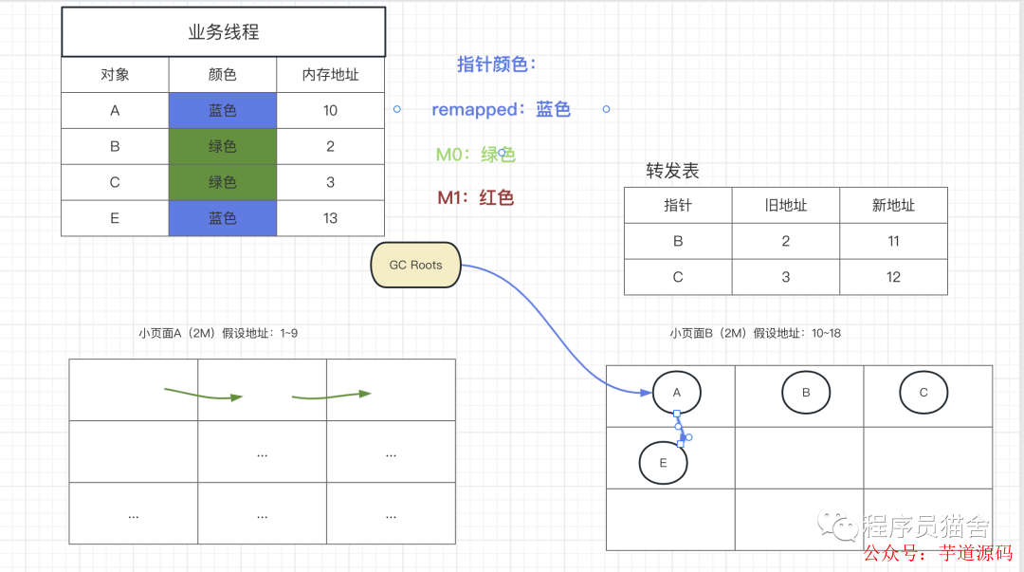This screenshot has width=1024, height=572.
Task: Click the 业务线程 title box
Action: pyautogui.click(x=223, y=32)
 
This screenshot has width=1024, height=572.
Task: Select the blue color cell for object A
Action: pyautogui.click(x=223, y=110)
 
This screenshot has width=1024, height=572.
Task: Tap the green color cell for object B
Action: pyautogui.click(x=223, y=146)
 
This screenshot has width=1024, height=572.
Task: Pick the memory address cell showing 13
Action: pyautogui.click(x=330, y=218)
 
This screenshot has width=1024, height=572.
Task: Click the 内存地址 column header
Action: pyautogui.click(x=330, y=74)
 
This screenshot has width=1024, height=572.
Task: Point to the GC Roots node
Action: pyautogui.click(x=415, y=266)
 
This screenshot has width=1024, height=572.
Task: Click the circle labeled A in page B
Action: pyautogui.click(x=676, y=393)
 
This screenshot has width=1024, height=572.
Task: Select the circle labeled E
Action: pyautogui.click(x=664, y=463)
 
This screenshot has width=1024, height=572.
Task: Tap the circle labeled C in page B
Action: pyautogui.click(x=923, y=393)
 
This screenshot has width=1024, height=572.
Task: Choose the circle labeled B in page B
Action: pyautogui.click(x=806, y=392)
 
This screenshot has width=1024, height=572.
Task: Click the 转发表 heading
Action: pyautogui.click(x=673, y=171)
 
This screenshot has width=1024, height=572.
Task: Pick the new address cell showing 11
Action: pyautogui.click(x=893, y=241)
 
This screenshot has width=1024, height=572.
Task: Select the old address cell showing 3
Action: pyautogui.click(x=785, y=277)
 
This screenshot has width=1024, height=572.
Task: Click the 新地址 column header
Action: pyautogui.click(x=893, y=205)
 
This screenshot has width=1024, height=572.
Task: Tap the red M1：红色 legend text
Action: pyautogui.click(x=475, y=198)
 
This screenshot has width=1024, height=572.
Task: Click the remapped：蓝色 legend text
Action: pyautogui.click(x=501, y=109)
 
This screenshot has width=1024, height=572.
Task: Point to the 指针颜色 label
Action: pyautogui.click(x=497, y=65)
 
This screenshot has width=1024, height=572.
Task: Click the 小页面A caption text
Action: pyautogui.click(x=218, y=333)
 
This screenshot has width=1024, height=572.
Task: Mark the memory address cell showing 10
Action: pyautogui.click(x=330, y=110)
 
